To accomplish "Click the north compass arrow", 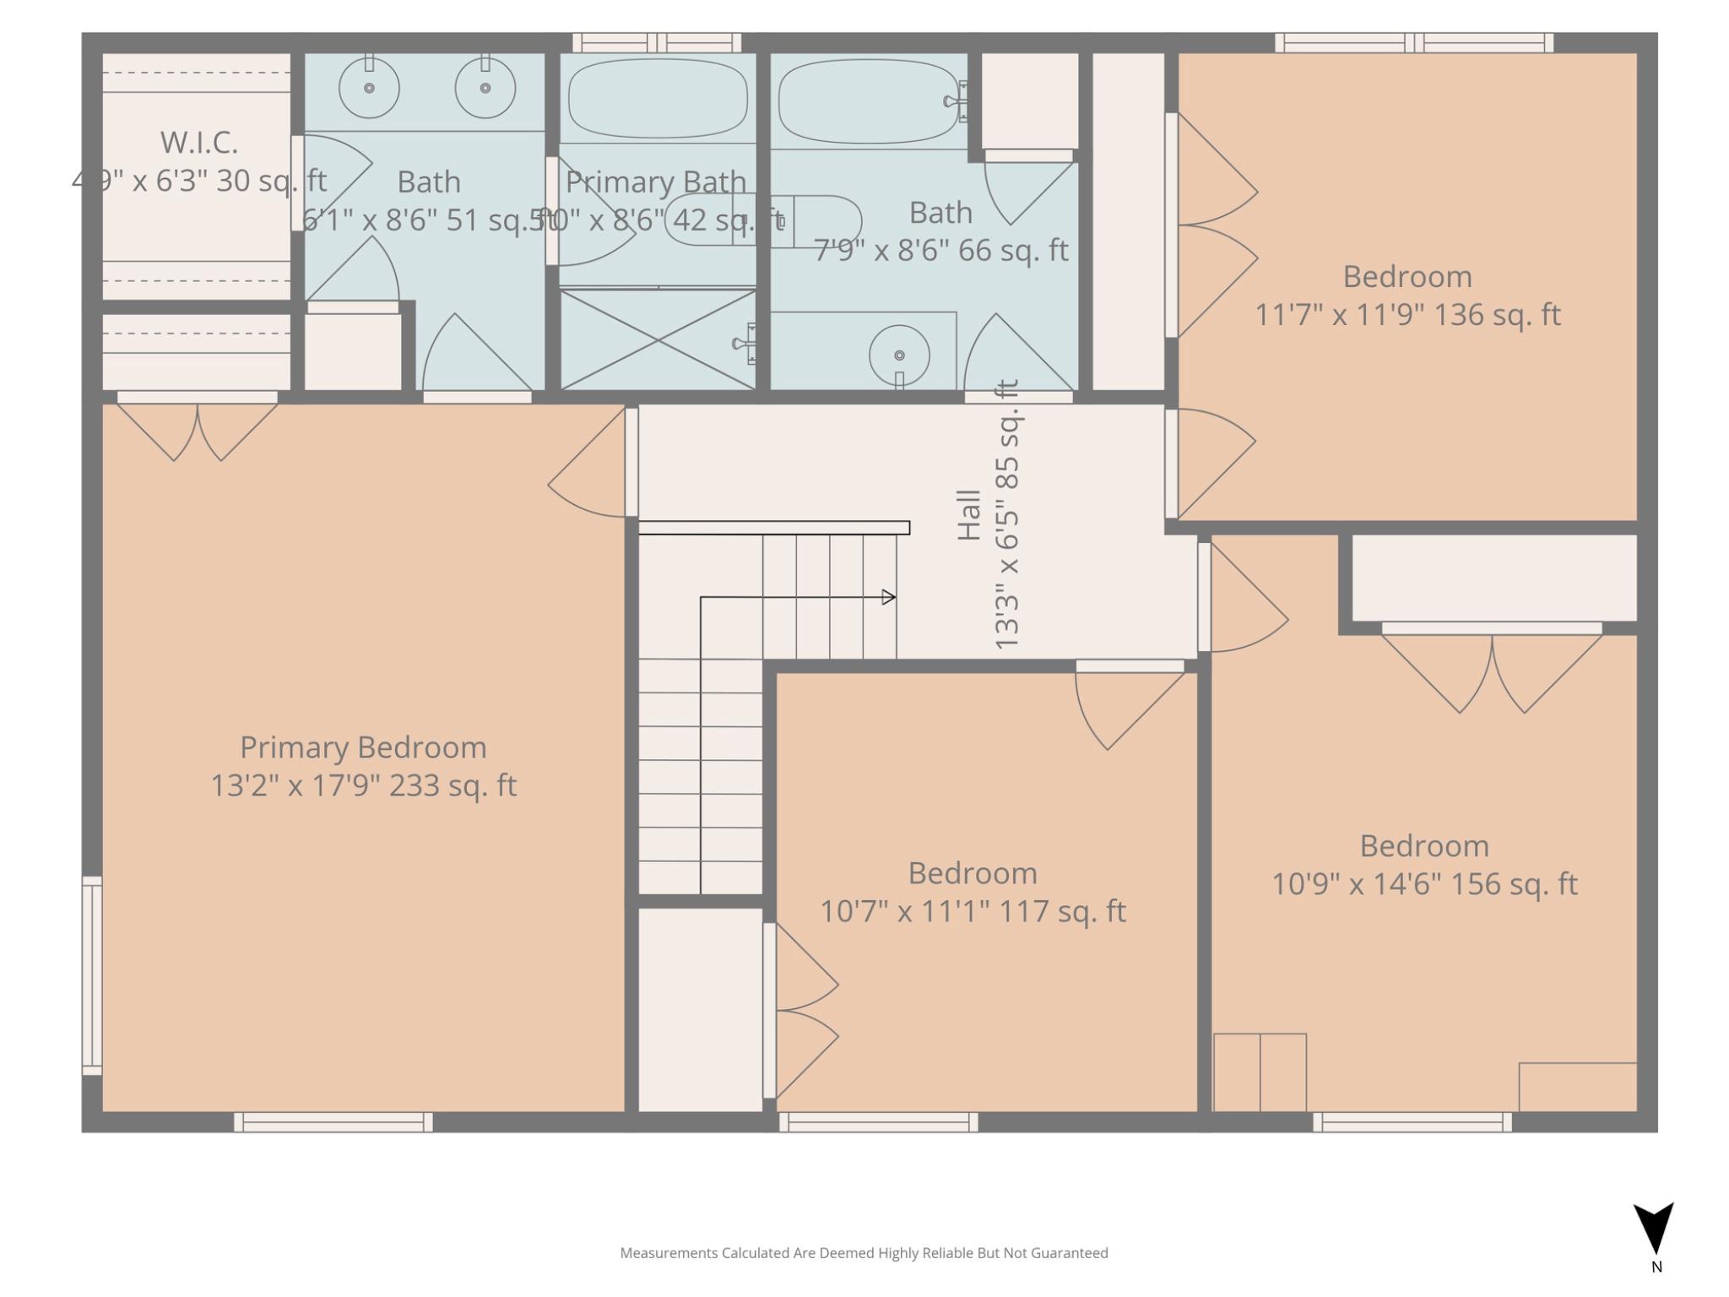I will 1653,1229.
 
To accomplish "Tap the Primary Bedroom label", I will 363,747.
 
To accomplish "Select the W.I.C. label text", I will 199,143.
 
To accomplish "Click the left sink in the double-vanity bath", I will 369,88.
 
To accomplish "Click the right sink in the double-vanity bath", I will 485,88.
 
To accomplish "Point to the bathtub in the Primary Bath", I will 658,98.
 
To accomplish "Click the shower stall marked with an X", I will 658,339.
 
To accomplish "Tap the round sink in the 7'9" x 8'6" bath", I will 899,355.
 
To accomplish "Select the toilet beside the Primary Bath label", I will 810,221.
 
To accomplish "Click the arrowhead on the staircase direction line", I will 888,597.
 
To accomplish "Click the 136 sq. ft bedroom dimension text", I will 1407,315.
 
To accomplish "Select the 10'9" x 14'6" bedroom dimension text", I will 1424,884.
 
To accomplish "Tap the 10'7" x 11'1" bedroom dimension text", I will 973,911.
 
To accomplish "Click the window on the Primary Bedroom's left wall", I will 92,975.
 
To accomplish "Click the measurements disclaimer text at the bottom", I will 864,1253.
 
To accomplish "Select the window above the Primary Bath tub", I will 657,42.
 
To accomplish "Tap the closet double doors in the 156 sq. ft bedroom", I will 1492,671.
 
